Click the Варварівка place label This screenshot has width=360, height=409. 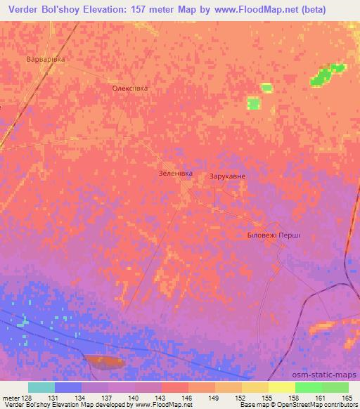[x=46, y=59]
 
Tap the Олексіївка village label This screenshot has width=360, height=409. [x=131, y=89]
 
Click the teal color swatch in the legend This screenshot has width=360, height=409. [x=41, y=387]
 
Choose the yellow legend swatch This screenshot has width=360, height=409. [x=281, y=387]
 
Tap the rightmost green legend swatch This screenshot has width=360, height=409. [x=335, y=387]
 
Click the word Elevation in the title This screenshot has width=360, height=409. [x=106, y=9]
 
